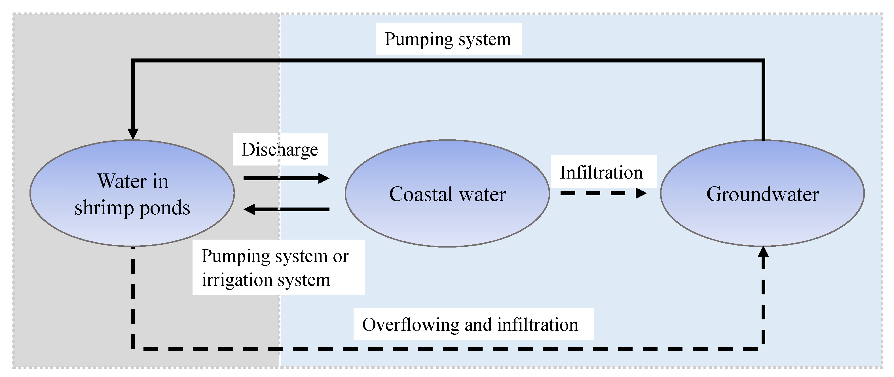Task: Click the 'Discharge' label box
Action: pos(280,149)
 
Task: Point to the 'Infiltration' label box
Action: pos(604,172)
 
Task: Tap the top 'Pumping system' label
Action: pos(448,39)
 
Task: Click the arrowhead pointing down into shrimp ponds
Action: pos(133,134)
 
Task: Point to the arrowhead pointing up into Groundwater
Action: pos(763,252)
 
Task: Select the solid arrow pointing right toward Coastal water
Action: pos(286,178)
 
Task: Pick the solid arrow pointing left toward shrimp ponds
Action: pos(286,209)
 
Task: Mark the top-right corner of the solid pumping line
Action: pos(763,61)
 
